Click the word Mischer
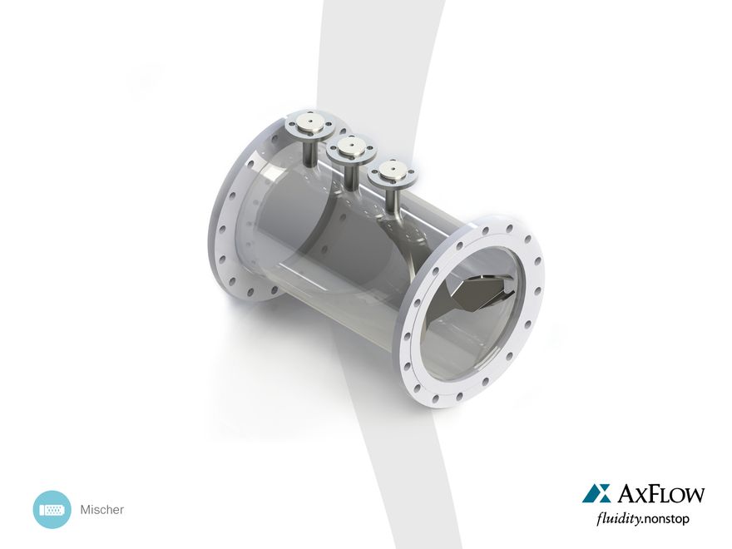click(x=101, y=510)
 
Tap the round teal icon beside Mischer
click(x=52, y=509)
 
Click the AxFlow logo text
click(x=660, y=494)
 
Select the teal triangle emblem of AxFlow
click(x=596, y=493)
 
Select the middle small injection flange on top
click(x=351, y=150)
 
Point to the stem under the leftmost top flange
click(x=310, y=153)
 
